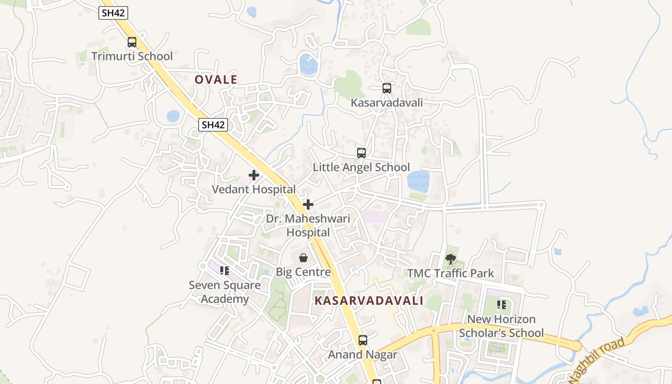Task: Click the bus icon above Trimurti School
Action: point(132,42)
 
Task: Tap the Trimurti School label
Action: point(132,56)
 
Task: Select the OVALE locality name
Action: point(216,80)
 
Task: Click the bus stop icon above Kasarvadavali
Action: point(386,88)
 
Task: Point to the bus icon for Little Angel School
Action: point(361,153)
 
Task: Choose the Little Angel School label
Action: point(361,167)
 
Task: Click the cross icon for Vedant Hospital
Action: point(254,175)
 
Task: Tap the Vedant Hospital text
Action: point(254,189)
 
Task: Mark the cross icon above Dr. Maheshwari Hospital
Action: point(308,204)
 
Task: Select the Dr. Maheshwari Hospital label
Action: point(308,226)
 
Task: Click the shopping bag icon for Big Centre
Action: point(303,258)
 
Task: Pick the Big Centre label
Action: point(303,272)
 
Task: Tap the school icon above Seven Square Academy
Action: point(225,271)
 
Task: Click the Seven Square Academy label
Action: point(225,292)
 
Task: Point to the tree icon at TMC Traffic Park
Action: point(450,259)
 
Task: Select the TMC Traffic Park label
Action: point(450,273)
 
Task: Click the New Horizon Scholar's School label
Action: point(502,326)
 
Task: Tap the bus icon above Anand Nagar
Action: point(363,340)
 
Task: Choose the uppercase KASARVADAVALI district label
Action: point(369,301)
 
